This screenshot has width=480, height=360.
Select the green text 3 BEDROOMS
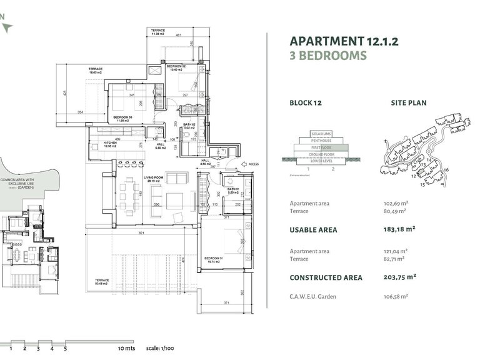tap(328, 56)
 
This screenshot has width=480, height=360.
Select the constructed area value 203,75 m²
tap(400, 277)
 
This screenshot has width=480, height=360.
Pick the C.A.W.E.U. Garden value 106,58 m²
tap(396, 296)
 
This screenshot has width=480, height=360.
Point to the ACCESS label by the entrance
tap(253, 165)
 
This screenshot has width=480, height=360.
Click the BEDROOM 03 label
tap(122, 117)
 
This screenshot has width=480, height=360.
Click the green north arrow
tap(7, 27)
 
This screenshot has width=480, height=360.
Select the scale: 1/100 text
tap(159, 346)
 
